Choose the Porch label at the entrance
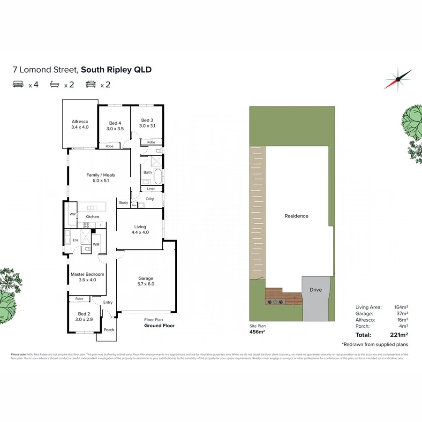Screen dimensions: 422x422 click(x=109, y=330)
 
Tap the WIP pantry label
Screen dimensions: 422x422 click(x=72, y=214)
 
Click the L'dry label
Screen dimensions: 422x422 click(x=150, y=199)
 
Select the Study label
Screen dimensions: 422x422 click(x=123, y=203)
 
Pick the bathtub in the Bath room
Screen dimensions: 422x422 click(x=158, y=177)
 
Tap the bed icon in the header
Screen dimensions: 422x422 click(x=18, y=84)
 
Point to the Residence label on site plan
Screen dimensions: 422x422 click(x=296, y=216)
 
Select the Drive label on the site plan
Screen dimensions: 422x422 click(x=316, y=290)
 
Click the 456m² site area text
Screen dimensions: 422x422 click(x=256, y=332)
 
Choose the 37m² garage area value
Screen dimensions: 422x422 click(x=401, y=313)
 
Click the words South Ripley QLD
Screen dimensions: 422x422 click(x=116, y=70)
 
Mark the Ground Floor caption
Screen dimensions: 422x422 click(x=159, y=325)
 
